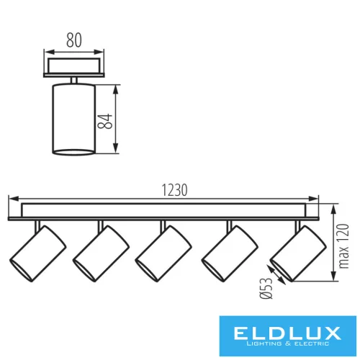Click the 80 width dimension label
tap(73, 41)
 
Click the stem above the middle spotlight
tap(162, 225)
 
